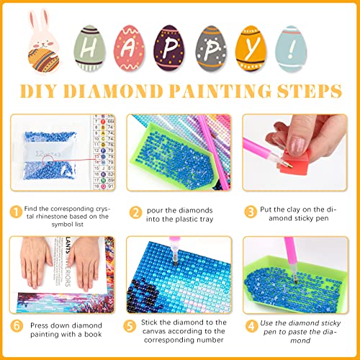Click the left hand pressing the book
37,263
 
